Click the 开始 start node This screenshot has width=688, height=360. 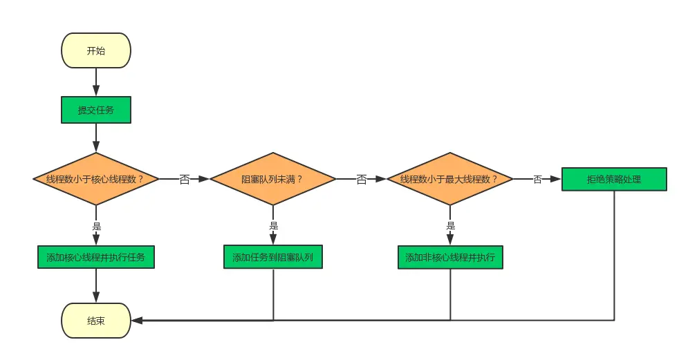[95, 50]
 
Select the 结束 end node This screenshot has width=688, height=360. [95, 321]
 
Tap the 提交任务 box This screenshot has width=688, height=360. [95, 110]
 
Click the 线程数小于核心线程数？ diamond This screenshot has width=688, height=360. [95, 179]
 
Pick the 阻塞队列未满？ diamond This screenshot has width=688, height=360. [272, 179]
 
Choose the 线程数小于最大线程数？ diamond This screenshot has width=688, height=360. [449, 179]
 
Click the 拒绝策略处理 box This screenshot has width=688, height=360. [614, 180]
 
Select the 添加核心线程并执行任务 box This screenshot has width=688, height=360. [95, 257]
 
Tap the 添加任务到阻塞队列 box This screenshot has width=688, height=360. [273, 257]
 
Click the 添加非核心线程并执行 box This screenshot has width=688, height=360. [450, 257]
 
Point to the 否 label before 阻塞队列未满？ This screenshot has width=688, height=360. [185, 180]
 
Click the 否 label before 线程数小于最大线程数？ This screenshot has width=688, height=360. [362, 180]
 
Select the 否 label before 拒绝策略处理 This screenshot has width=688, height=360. [537, 180]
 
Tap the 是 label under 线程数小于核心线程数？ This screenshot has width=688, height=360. [96, 225]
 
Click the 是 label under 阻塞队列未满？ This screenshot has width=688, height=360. [273, 225]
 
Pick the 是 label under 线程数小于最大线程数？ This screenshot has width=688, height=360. [450, 225]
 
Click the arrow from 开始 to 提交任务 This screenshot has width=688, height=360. [95, 82]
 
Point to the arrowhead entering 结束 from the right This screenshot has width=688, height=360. [137, 321]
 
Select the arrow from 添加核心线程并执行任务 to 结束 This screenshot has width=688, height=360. [95, 285]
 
